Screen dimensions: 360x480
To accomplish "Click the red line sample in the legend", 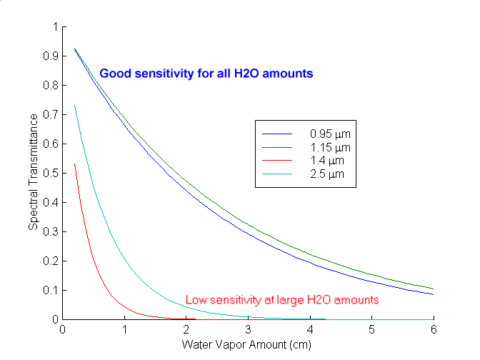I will [x=278, y=161].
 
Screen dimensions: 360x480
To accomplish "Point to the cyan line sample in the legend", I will [x=278, y=174].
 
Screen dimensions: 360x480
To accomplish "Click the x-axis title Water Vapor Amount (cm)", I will [x=247, y=344].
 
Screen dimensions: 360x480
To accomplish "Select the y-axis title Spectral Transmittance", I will [x=34, y=174].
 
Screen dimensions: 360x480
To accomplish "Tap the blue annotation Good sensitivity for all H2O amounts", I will [x=206, y=74].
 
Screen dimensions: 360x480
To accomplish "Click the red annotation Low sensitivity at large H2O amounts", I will [x=282, y=300].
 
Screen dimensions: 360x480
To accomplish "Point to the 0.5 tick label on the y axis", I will [x=49, y=174].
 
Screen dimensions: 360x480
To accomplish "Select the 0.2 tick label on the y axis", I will [x=49, y=261].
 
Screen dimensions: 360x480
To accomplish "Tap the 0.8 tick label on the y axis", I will [x=49, y=86].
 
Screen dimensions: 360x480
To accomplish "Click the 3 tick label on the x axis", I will [x=248, y=330].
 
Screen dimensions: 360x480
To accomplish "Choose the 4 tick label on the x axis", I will [x=310, y=330].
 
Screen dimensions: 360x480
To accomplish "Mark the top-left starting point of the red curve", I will [x=75, y=164].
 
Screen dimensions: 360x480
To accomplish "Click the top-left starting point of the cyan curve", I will [x=75, y=106].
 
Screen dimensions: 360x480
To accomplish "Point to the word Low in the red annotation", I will [x=195, y=300].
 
